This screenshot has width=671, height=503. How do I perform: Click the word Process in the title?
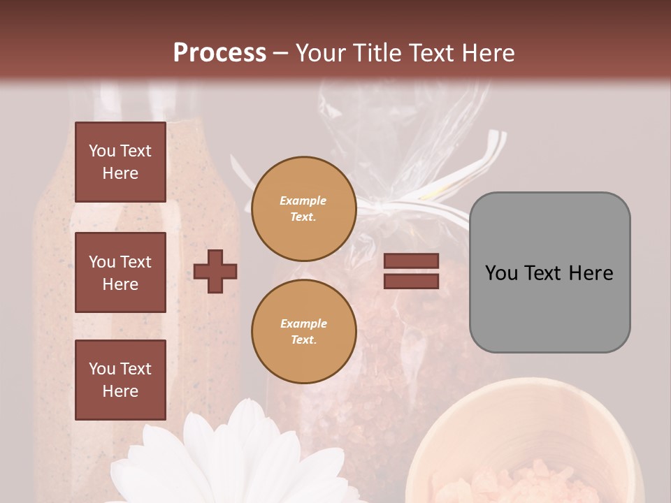[x=219, y=53]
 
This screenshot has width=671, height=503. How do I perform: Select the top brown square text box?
[x=120, y=162]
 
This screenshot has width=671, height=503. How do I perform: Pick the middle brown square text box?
[x=120, y=272]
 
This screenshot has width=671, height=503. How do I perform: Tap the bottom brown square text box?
[x=120, y=379]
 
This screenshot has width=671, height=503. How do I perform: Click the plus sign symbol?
[x=215, y=271]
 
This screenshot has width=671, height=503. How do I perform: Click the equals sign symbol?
[x=412, y=271]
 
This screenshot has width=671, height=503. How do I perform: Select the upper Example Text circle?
[x=303, y=208]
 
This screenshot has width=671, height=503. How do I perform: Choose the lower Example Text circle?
[x=303, y=331]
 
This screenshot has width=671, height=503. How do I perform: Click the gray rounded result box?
[x=549, y=272]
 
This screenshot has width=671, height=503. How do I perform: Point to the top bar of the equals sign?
[x=412, y=261]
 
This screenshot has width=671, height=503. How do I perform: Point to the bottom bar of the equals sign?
[x=412, y=281]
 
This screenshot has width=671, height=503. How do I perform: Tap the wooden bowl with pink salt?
[x=524, y=447]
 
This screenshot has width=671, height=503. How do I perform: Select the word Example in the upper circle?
[x=303, y=201]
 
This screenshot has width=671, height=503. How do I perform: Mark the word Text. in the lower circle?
[x=303, y=340]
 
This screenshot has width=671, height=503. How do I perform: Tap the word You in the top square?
[x=102, y=151]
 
